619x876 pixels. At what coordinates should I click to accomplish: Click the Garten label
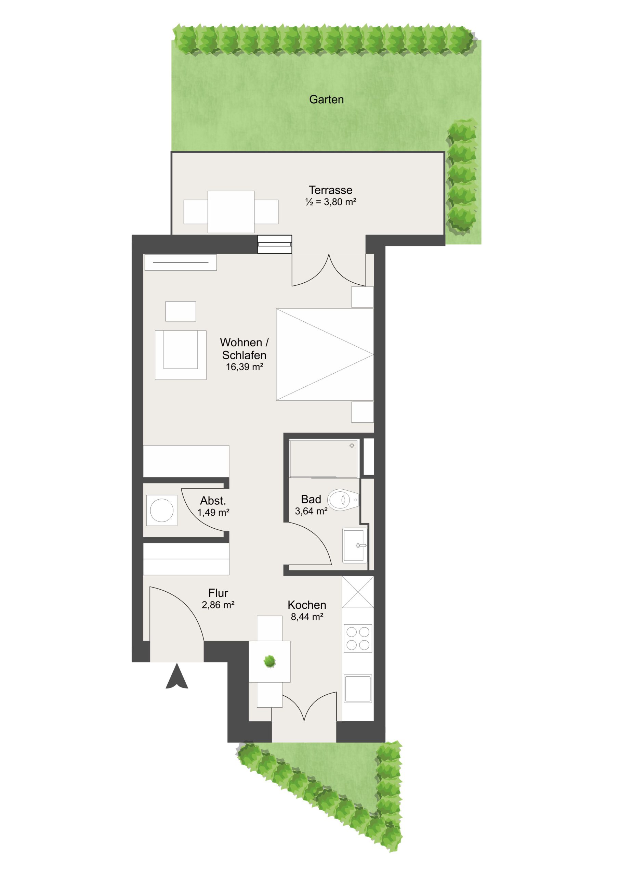click(x=326, y=100)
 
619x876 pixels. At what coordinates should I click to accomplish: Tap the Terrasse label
click(x=330, y=190)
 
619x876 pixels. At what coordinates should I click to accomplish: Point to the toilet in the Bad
click(x=343, y=500)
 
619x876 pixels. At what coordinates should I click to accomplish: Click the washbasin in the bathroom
click(x=355, y=545)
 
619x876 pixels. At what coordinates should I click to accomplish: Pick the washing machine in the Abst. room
click(x=162, y=510)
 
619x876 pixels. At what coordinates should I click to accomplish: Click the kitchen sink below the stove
click(x=358, y=689)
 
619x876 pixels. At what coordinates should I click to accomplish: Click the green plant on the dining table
click(x=269, y=661)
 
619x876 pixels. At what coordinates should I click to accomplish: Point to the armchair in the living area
click(x=180, y=355)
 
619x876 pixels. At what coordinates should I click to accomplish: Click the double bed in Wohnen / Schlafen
click(x=325, y=355)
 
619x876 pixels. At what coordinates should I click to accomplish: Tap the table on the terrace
click(x=231, y=212)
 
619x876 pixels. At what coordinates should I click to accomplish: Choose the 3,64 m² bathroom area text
click(x=311, y=511)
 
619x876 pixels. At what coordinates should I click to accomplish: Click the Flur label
click(x=218, y=593)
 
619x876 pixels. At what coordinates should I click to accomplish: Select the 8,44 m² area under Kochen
click(x=307, y=617)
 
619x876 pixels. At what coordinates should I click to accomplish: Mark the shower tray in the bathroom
click(x=324, y=459)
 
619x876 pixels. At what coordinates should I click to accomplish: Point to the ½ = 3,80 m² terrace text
click(x=331, y=202)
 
